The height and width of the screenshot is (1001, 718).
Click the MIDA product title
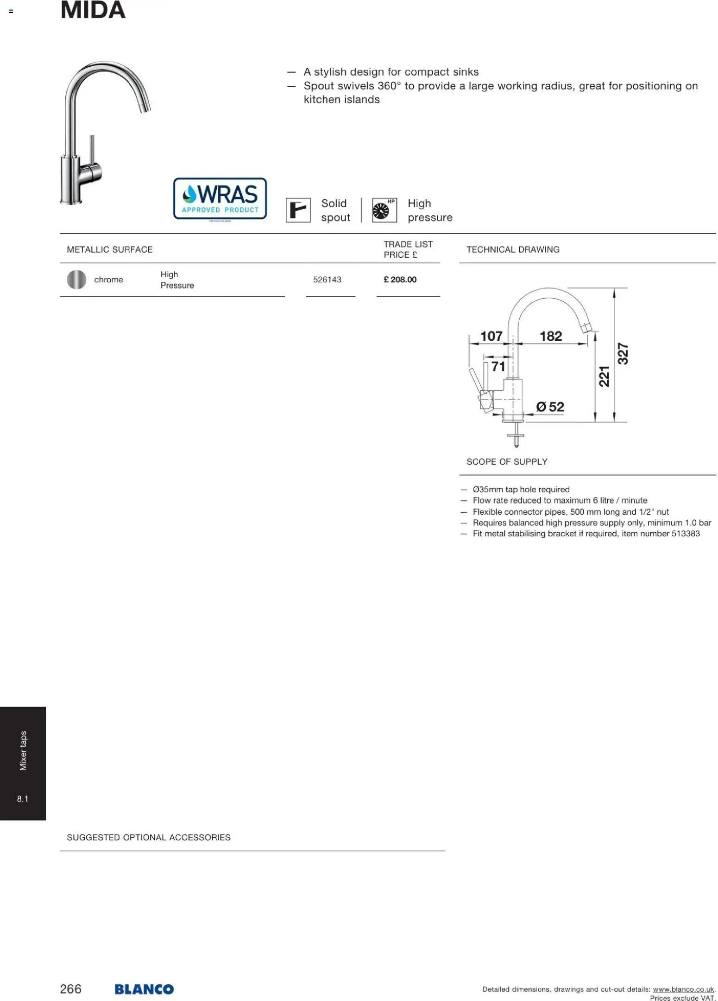coord(93,10)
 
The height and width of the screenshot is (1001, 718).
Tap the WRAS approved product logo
coord(220,198)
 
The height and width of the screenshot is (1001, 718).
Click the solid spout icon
coord(298,210)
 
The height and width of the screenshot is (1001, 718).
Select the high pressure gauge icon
coord(384,210)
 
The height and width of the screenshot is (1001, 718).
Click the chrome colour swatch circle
coord(76,280)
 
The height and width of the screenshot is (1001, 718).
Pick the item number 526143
coord(327,280)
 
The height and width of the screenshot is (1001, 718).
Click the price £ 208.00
coord(400,280)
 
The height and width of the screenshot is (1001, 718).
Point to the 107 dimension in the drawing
coord(491,336)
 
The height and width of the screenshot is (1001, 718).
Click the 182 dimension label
coord(550,336)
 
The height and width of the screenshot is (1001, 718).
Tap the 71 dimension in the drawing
coord(498,366)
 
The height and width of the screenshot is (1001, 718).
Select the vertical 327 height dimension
coord(623,353)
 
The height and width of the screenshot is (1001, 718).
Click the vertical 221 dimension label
coord(604,376)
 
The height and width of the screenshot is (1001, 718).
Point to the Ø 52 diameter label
coord(550,407)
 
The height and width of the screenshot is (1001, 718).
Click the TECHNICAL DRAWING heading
coord(512,249)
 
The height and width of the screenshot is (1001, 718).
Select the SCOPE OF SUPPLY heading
coord(507,462)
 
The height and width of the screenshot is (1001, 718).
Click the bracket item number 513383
coord(685,534)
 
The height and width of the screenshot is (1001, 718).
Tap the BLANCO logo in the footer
coord(144,989)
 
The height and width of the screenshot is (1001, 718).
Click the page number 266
coord(70,989)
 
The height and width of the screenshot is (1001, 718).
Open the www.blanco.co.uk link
coord(683,989)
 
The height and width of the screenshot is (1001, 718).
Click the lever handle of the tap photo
coord(92,153)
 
